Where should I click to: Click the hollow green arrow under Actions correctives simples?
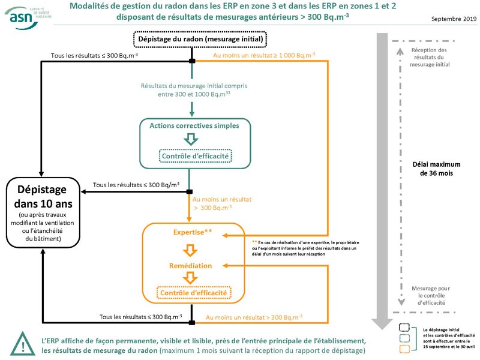click(191, 140)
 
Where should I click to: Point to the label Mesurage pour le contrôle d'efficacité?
click(428, 296)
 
